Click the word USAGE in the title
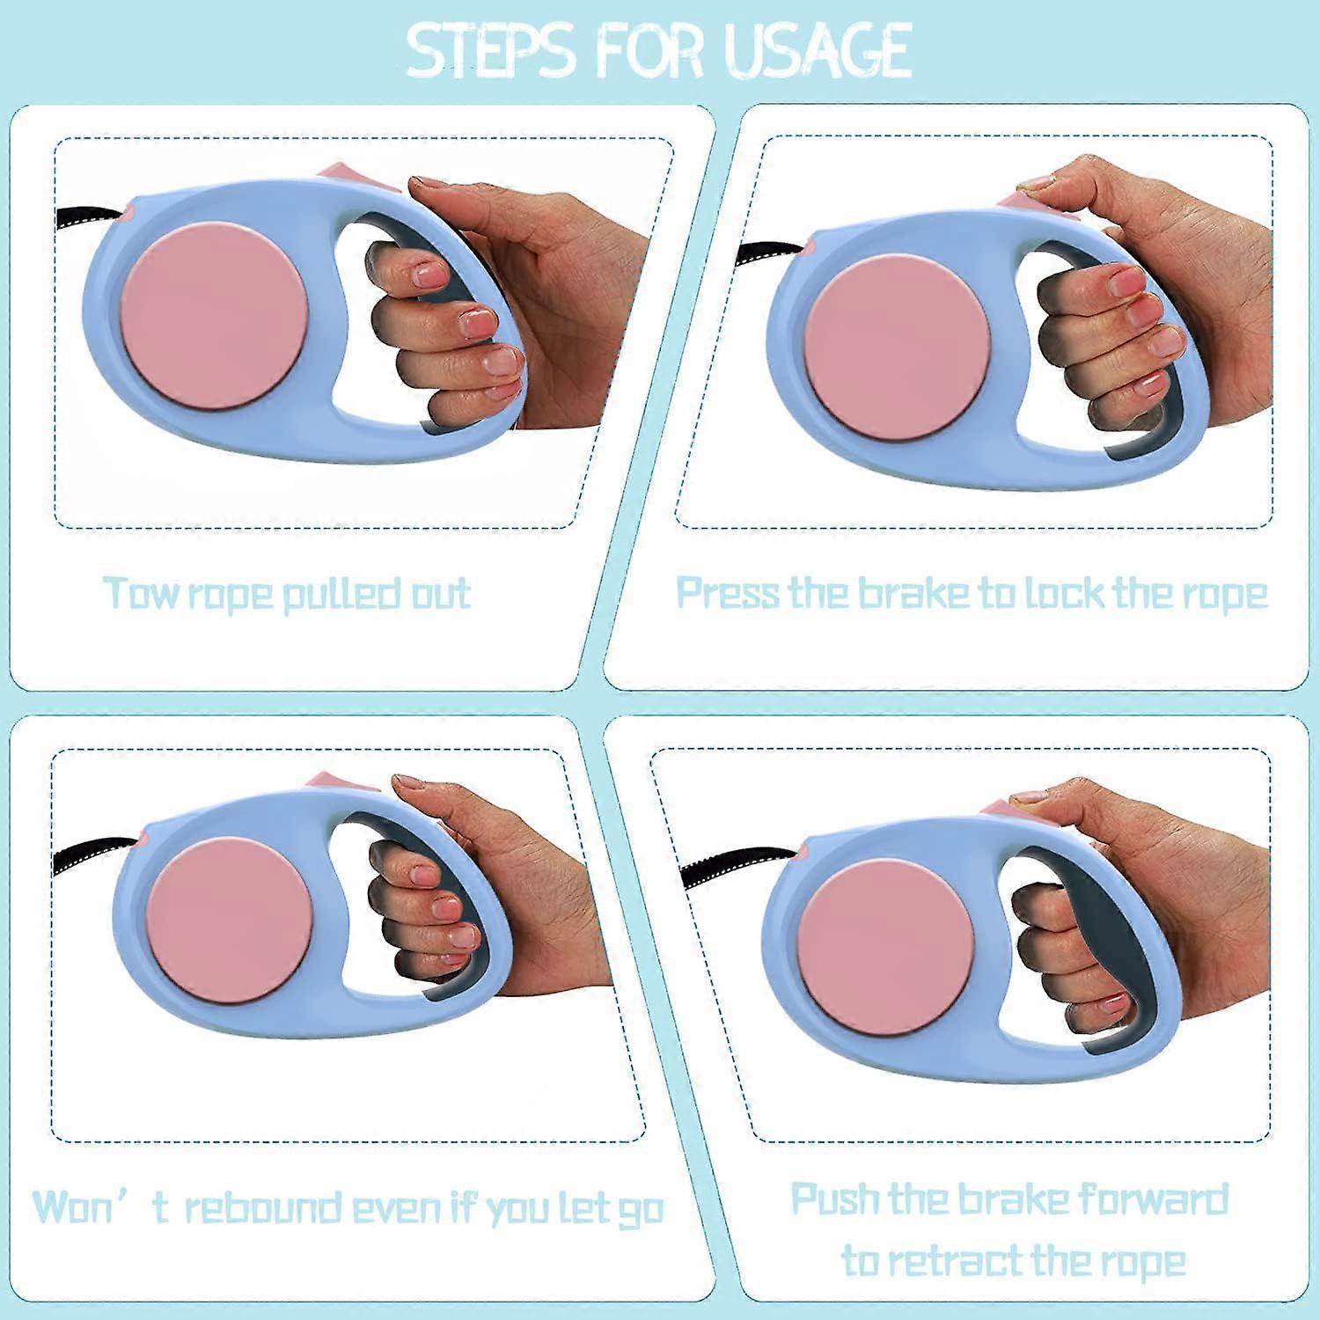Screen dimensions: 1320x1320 point(817,50)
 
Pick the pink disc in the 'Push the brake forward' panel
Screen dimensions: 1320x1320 point(886,952)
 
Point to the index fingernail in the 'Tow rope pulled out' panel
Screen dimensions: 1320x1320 point(431,275)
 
